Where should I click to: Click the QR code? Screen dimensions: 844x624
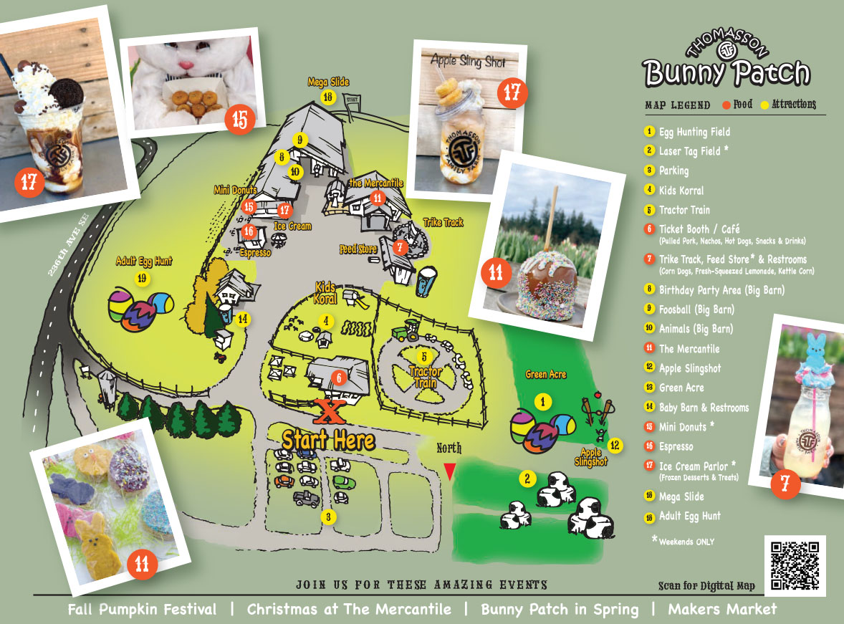click(795, 565)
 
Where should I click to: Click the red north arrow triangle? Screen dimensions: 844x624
click(449, 471)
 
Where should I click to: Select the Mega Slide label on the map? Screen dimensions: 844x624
click(328, 82)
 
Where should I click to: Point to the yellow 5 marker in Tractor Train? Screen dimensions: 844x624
click(423, 356)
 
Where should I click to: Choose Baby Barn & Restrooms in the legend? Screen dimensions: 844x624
click(704, 408)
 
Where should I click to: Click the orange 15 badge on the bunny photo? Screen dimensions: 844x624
click(240, 119)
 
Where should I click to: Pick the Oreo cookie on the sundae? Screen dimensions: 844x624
click(66, 91)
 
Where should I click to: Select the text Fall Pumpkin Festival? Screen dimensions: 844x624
click(142, 610)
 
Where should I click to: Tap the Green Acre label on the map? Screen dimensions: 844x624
click(546, 374)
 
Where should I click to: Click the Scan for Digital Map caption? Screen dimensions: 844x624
click(706, 586)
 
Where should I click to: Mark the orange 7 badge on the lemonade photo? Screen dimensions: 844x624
click(785, 484)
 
